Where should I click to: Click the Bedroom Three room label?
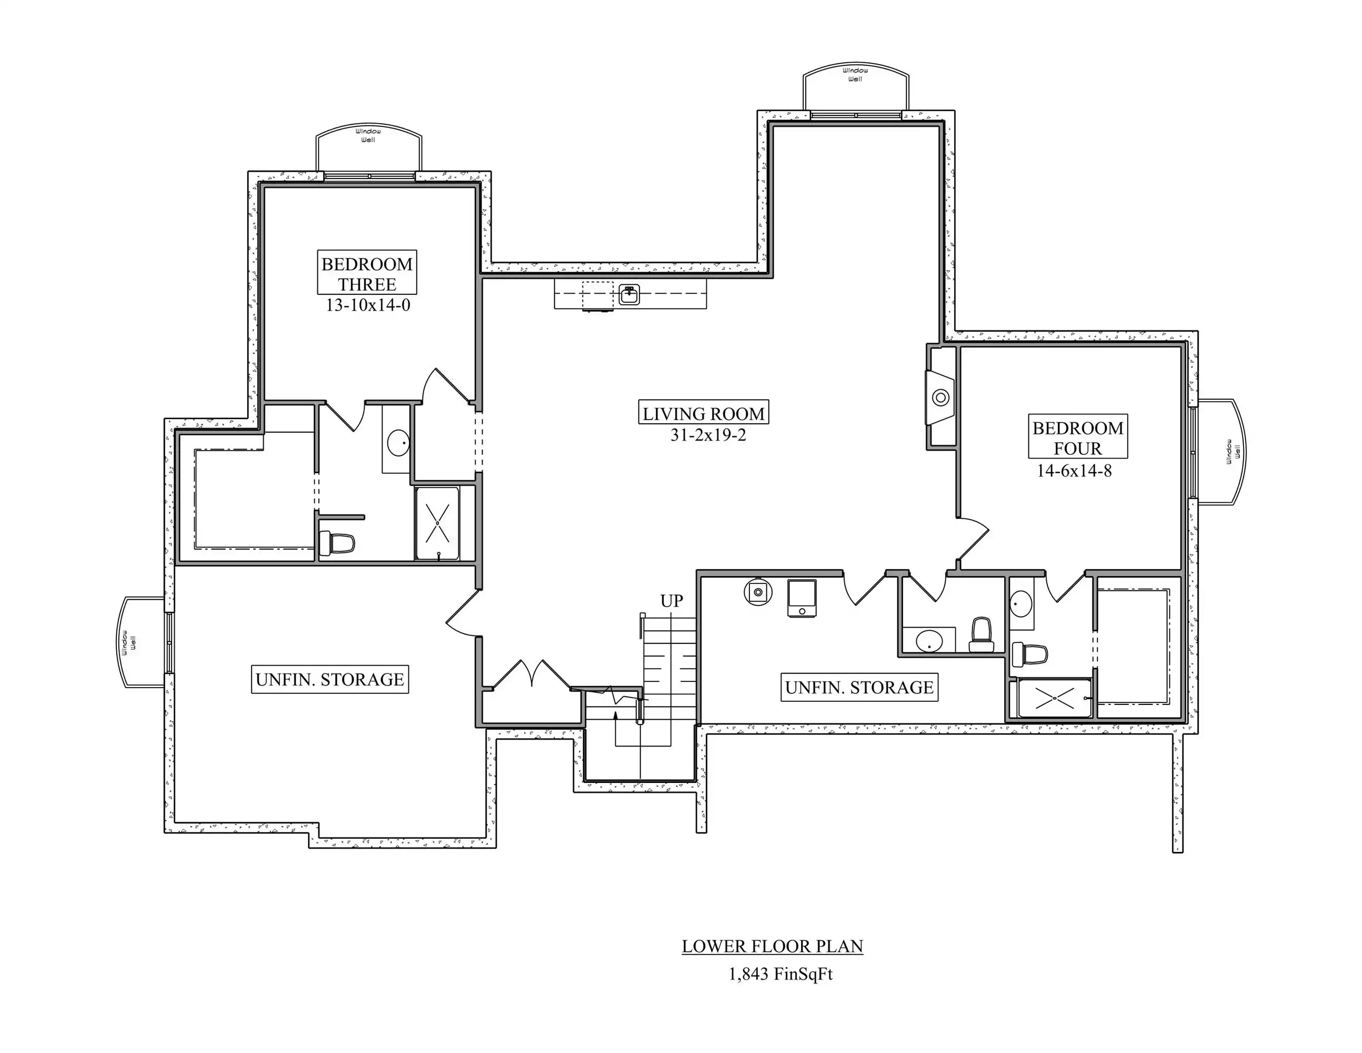point(367,273)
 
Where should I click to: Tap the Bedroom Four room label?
point(1078,438)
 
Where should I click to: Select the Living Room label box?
point(704,413)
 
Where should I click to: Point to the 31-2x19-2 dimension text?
point(708,435)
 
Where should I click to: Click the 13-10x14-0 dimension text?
point(367,305)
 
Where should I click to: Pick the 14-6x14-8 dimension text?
point(1074,470)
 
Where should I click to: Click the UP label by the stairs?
point(672,601)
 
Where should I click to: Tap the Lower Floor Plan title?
point(772,946)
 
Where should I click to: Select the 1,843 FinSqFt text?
point(781,975)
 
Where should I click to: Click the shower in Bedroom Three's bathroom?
point(437,523)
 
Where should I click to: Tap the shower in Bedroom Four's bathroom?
point(1055,698)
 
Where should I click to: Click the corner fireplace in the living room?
point(940,398)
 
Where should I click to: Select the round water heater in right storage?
point(758,591)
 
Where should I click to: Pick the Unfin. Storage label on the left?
point(329,679)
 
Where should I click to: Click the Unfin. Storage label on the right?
point(859,687)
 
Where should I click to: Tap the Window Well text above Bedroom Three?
point(368,135)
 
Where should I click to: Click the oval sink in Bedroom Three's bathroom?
point(398,443)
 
